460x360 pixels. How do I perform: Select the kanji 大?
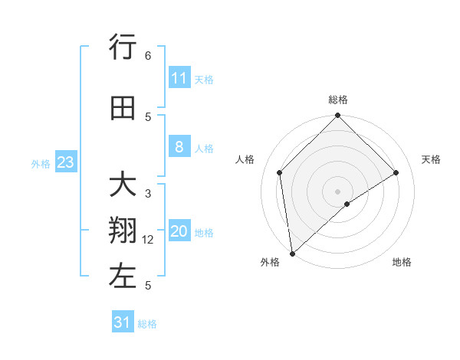(x=123, y=186)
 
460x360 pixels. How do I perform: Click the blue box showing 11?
(x=179, y=78)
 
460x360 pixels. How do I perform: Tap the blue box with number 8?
(x=179, y=147)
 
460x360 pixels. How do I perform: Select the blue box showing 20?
(x=179, y=232)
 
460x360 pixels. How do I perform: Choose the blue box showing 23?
(x=65, y=162)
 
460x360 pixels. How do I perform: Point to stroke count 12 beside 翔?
(x=148, y=240)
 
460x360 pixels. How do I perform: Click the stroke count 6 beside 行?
(x=148, y=56)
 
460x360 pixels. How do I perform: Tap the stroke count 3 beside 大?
(x=148, y=194)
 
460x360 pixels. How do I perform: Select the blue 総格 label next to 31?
(x=147, y=324)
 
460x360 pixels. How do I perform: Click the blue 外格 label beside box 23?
(x=40, y=163)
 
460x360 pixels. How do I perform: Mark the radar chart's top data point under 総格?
(x=337, y=116)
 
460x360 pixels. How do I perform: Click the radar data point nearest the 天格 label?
(x=396, y=172)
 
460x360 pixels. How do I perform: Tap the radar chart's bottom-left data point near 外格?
(x=292, y=253)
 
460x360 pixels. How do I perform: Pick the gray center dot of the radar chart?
(x=337, y=191)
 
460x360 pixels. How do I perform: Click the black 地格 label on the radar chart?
(x=402, y=262)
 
